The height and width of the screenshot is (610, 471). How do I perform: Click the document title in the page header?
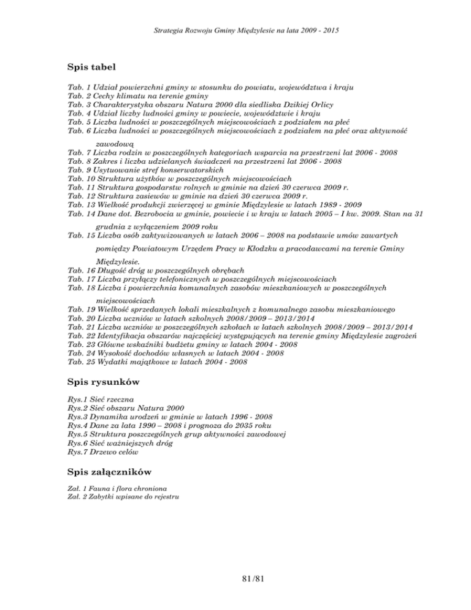coord(235,29)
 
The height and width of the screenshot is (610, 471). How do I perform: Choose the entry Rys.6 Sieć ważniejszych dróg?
coord(120,443)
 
